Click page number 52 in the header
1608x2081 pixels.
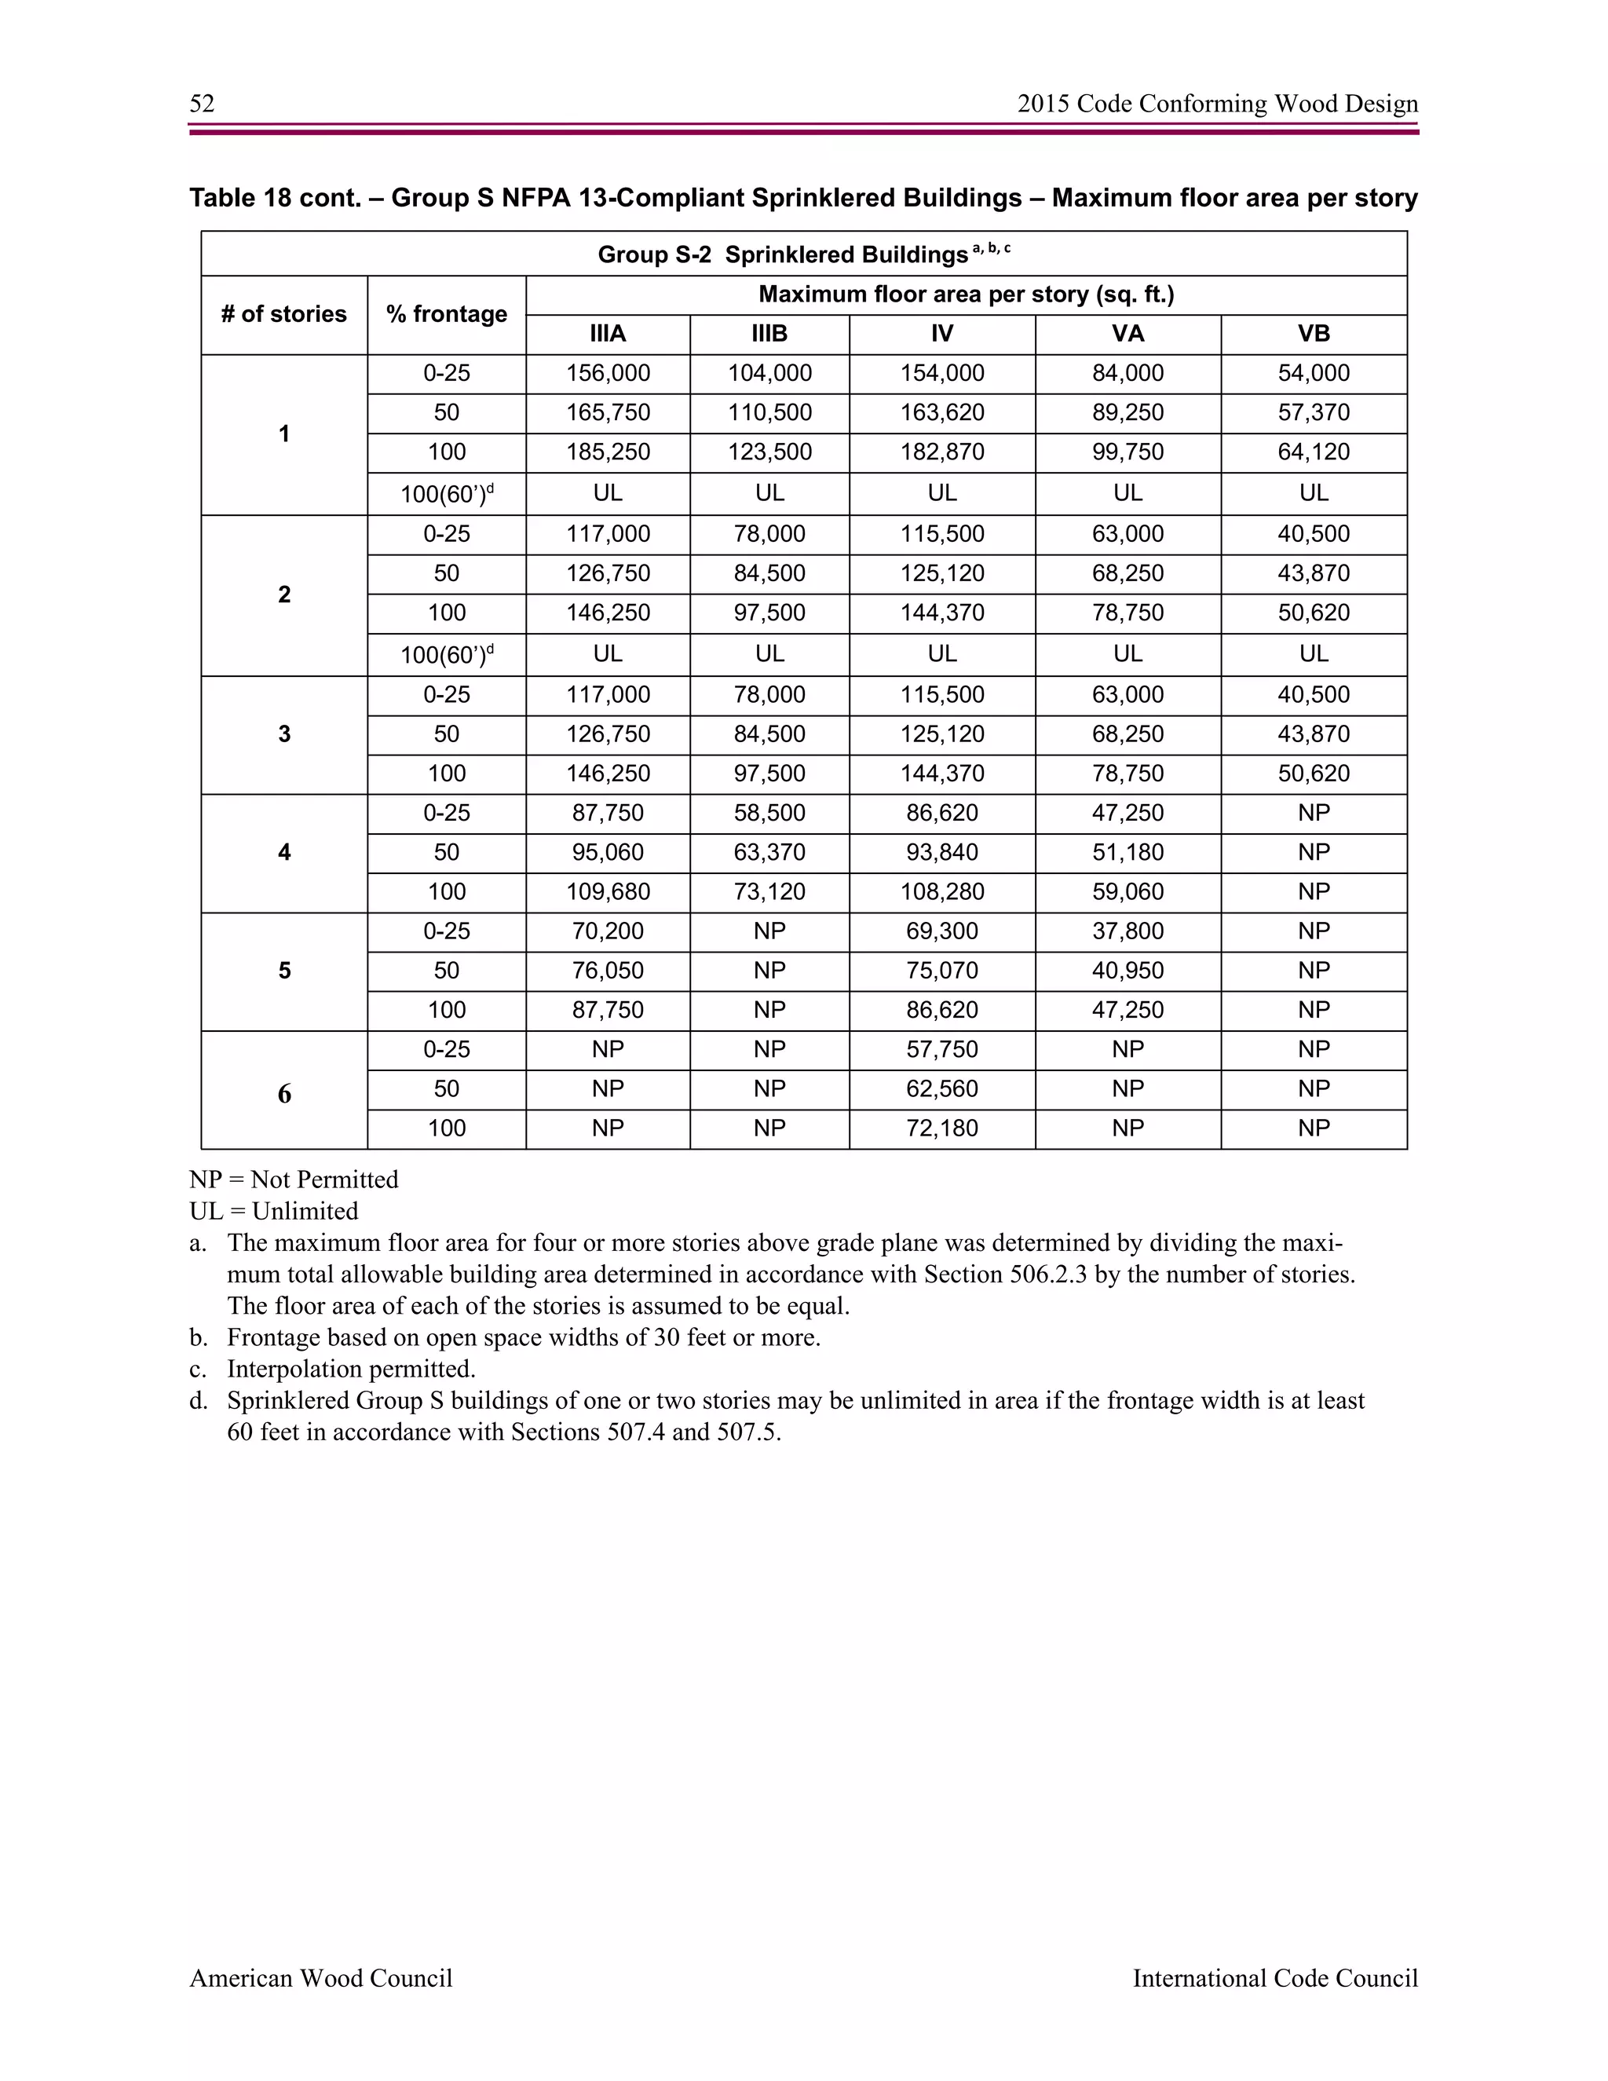click(202, 104)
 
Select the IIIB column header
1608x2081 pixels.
click(769, 335)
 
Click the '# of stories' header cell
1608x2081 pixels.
click(284, 314)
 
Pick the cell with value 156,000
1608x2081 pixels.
click(608, 374)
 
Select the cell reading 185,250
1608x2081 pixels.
click(608, 452)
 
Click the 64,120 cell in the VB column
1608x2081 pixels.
click(1313, 452)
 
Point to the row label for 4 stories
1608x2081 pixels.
click(284, 853)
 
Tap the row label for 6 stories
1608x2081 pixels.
click(284, 1094)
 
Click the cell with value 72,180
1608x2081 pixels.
click(941, 1129)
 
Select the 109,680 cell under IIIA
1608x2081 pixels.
click(608, 893)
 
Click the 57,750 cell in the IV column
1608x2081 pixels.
click(941, 1050)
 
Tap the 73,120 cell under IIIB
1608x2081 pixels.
click(769, 893)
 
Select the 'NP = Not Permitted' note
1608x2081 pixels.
click(294, 1179)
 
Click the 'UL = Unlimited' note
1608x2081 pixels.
click(273, 1211)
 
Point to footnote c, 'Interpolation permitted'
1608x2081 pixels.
click(349, 1370)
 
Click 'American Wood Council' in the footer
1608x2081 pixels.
click(321, 1978)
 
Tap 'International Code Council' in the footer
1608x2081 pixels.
click(1274, 1978)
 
